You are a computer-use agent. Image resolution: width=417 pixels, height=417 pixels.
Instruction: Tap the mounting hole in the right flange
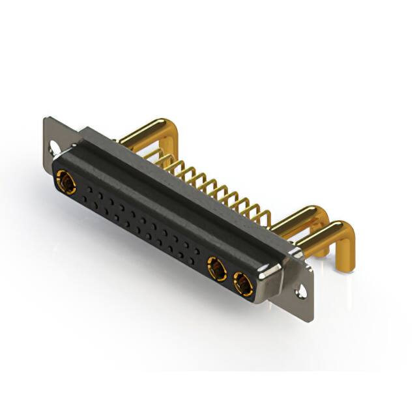click(301, 293)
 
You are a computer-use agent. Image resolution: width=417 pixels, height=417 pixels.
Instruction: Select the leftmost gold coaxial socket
click(66, 182)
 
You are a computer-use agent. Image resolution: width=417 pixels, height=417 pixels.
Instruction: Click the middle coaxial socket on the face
click(216, 268)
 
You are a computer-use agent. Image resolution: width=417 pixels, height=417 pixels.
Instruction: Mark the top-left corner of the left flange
click(46, 119)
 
